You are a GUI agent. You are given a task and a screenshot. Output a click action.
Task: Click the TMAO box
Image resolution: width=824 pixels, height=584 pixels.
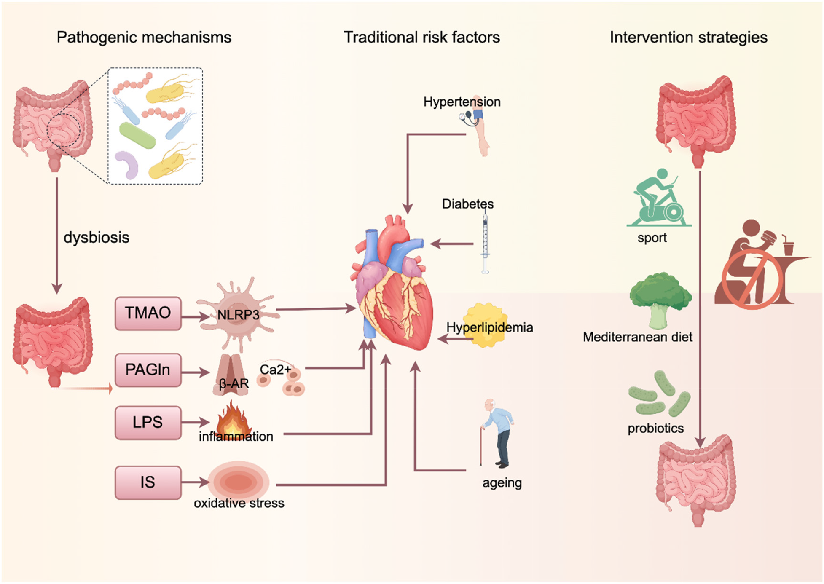tap(148, 313)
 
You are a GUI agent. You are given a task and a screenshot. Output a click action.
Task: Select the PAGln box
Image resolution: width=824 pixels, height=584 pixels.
tap(148, 370)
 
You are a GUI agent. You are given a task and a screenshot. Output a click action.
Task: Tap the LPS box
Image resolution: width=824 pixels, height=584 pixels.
tap(148, 422)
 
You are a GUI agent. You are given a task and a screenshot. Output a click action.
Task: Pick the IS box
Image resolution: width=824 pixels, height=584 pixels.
tap(148, 482)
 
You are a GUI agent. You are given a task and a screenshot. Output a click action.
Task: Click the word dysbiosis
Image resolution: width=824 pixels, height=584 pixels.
tap(96, 238)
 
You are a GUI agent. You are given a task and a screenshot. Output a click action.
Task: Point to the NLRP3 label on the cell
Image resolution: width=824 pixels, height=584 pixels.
tap(238, 315)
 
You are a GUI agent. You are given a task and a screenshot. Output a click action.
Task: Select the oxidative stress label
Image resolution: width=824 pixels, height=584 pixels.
tap(239, 503)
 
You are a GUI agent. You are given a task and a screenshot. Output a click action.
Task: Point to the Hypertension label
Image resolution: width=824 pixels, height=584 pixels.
tap(462, 102)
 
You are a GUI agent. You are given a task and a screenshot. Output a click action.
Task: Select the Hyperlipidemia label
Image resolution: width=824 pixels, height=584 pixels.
tap(489, 327)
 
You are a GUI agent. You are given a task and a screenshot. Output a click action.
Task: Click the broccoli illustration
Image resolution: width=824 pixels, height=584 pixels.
tap(660, 299)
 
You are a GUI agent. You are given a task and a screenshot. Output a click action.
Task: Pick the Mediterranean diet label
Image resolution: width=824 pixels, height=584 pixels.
tap(637, 337)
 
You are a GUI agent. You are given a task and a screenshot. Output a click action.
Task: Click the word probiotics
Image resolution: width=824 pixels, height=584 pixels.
tap(655, 429)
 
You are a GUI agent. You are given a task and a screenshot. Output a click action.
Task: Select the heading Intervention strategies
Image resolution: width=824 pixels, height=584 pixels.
tap(688, 38)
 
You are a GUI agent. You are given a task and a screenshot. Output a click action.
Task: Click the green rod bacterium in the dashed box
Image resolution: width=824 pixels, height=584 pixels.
tap(137, 135)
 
